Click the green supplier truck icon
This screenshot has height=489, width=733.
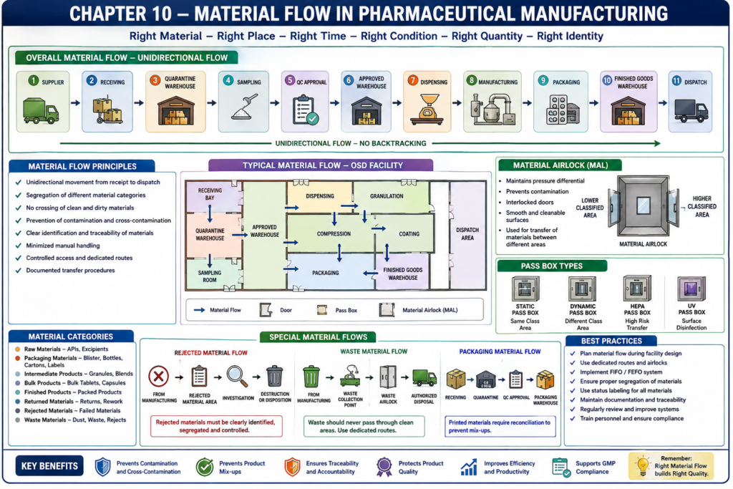pos(41,111)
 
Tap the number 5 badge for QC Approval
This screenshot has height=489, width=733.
pos(290,80)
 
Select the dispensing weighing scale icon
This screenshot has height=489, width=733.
pos(427,110)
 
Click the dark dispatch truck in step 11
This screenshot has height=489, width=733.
pos(691,110)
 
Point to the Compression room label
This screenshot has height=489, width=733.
pos(334,233)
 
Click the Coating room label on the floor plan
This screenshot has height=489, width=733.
pos(409,233)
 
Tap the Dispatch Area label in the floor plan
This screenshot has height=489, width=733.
pos(467,233)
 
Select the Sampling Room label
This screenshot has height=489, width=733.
pos(210,276)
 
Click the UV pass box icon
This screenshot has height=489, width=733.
pos(691,288)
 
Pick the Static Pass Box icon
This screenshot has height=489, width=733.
pos(525,289)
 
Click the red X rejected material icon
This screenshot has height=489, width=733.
pos(158,376)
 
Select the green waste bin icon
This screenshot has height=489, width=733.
pos(311,377)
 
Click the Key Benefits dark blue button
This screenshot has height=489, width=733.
pos(49,466)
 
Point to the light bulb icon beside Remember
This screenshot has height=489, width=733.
pos(643,466)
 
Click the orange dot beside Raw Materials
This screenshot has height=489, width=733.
pos(17,349)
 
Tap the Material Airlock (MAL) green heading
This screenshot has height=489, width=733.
pos(560,165)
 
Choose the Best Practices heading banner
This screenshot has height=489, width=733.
pos(611,341)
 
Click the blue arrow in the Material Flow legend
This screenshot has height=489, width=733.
pos(200,310)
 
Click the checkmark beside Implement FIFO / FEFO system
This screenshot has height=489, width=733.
pos(573,372)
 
